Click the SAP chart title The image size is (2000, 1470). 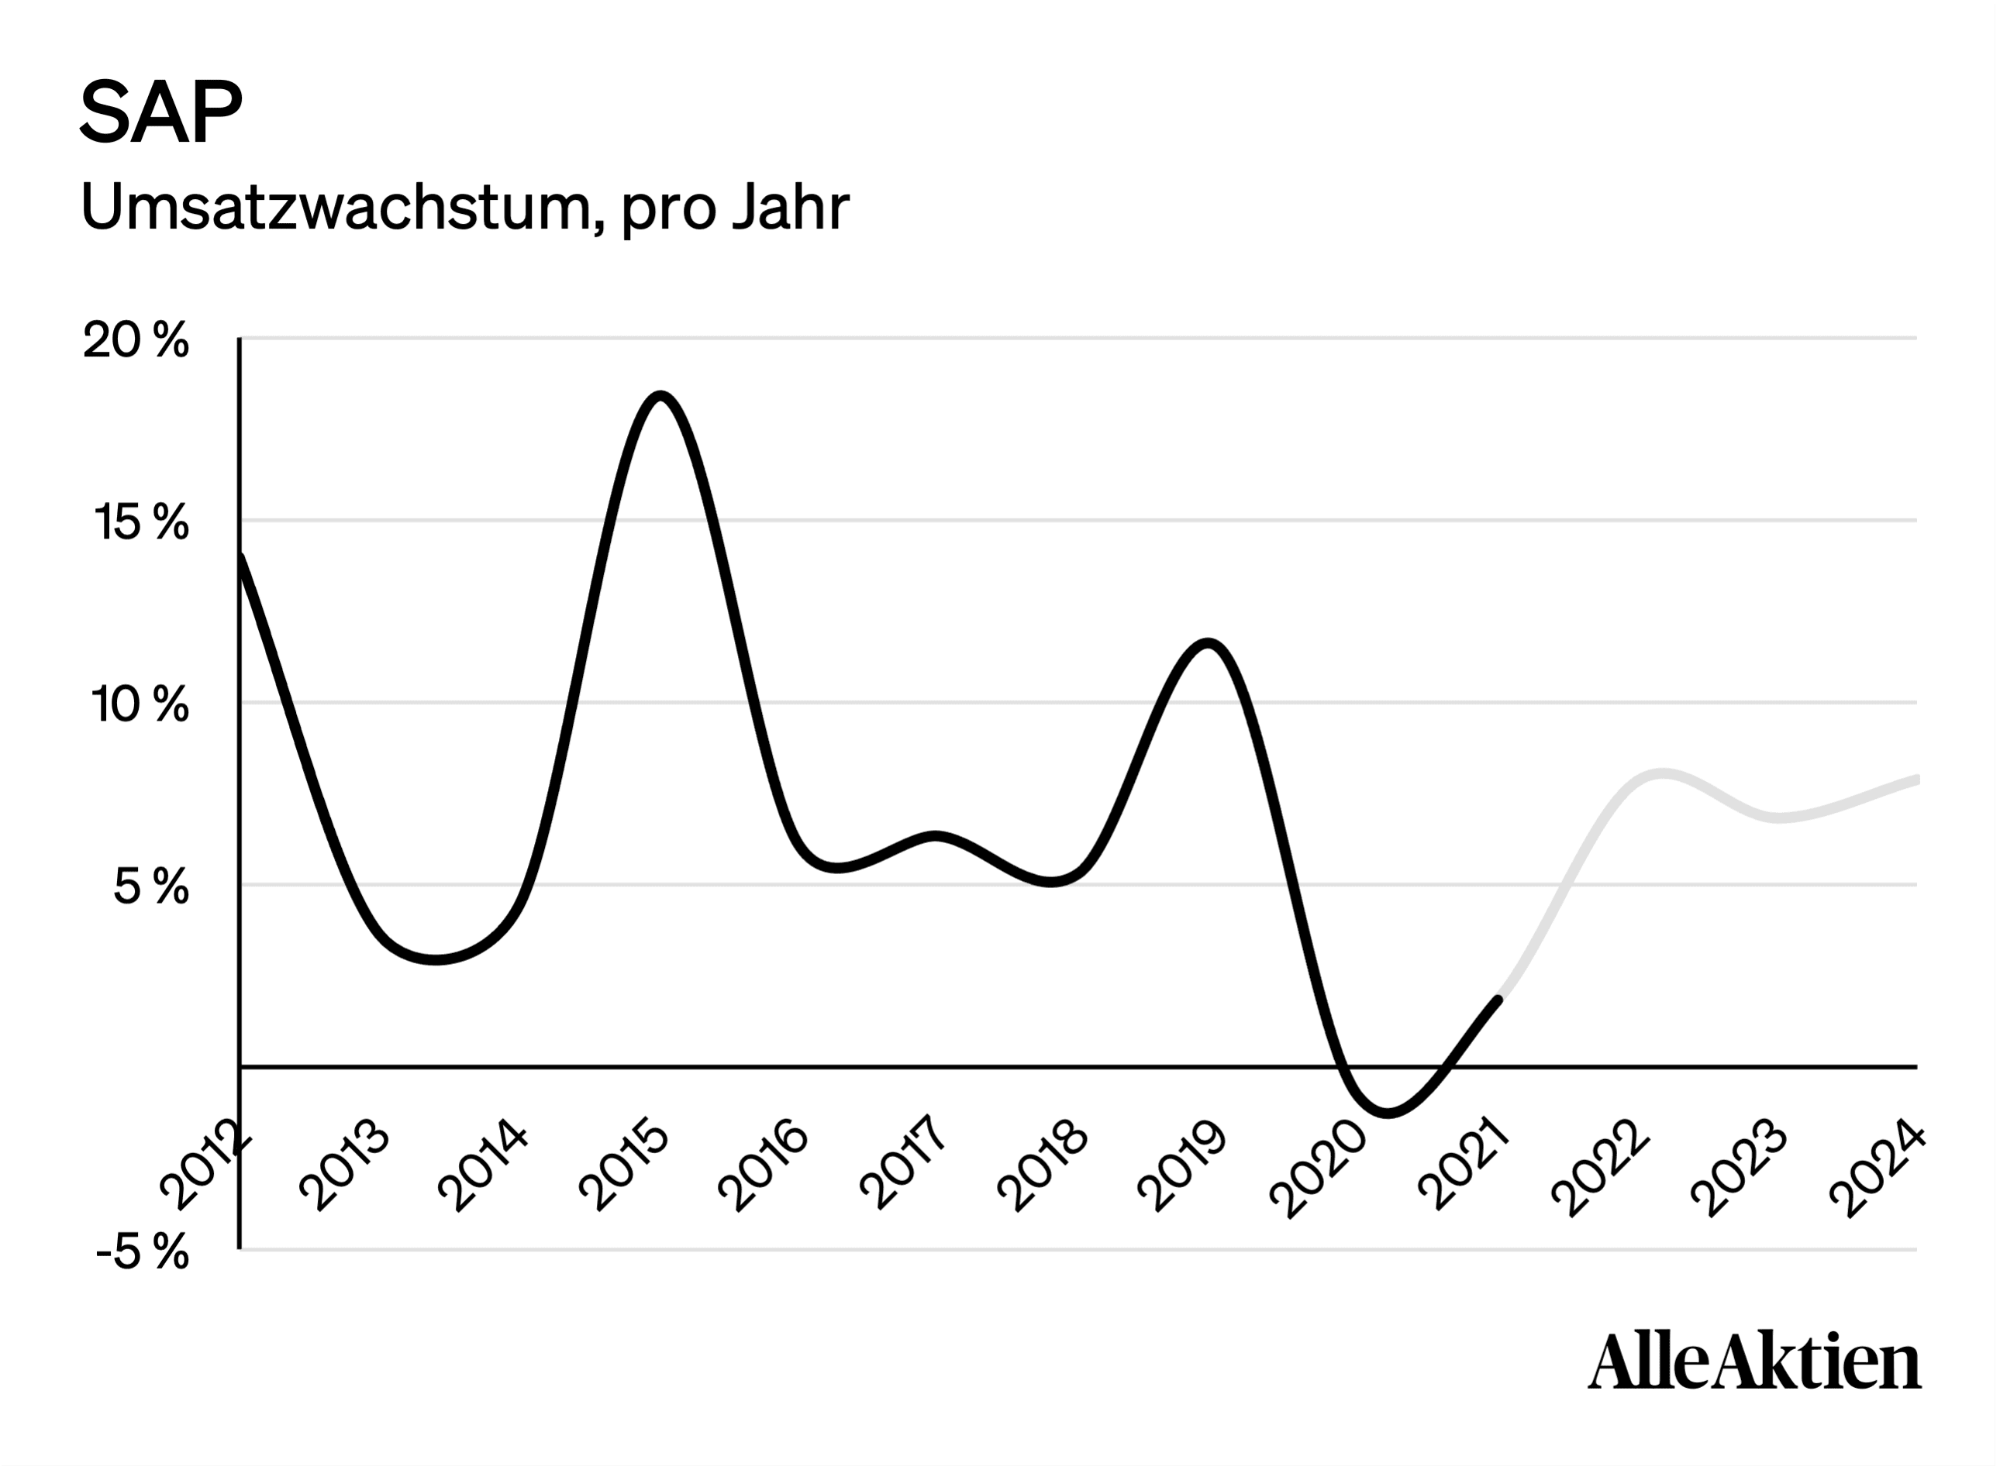[161, 112]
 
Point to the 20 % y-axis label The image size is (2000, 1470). [136, 340]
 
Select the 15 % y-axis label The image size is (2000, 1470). [140, 522]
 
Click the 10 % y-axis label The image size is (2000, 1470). [140, 704]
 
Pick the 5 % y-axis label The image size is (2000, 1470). [151, 887]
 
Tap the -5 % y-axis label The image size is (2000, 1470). [143, 1253]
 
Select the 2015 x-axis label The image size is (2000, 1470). [624, 1168]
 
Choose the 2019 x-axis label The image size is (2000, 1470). [1182, 1168]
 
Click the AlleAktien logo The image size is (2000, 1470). [1754, 1362]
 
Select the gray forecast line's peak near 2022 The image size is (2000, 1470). [1663, 773]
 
